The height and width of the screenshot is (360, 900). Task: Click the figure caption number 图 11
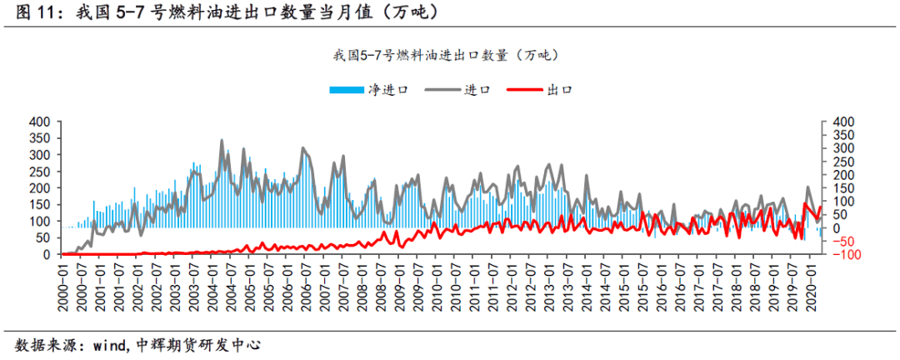tap(33, 13)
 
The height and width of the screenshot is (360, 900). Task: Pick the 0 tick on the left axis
tap(49, 254)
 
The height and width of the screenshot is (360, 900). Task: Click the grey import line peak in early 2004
tap(222, 141)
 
